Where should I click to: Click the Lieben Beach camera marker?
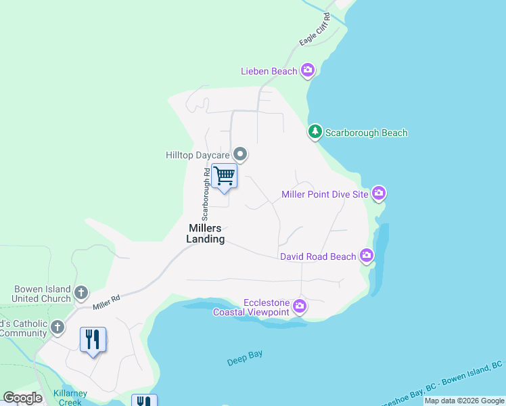pyautogui.click(x=308, y=70)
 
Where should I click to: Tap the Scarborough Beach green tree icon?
pyautogui.click(x=315, y=132)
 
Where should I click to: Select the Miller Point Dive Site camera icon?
pyautogui.click(x=379, y=194)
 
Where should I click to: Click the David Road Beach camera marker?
pyautogui.click(x=367, y=256)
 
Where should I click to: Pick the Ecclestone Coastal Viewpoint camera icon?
pyautogui.click(x=300, y=307)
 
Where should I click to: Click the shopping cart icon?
pyautogui.click(x=224, y=176)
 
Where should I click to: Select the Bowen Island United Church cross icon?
pyautogui.click(x=80, y=293)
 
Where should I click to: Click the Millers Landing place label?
pyautogui.click(x=206, y=234)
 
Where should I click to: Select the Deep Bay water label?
pyautogui.click(x=245, y=359)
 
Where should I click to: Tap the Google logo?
pyautogui.click(x=23, y=398)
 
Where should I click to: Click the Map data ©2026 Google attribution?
pyautogui.click(x=464, y=401)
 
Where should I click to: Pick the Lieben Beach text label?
pyautogui.click(x=269, y=71)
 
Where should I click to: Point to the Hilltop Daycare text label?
pyautogui.click(x=198, y=155)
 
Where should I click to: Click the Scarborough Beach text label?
pyautogui.click(x=366, y=133)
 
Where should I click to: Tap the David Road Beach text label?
pyautogui.click(x=318, y=256)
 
